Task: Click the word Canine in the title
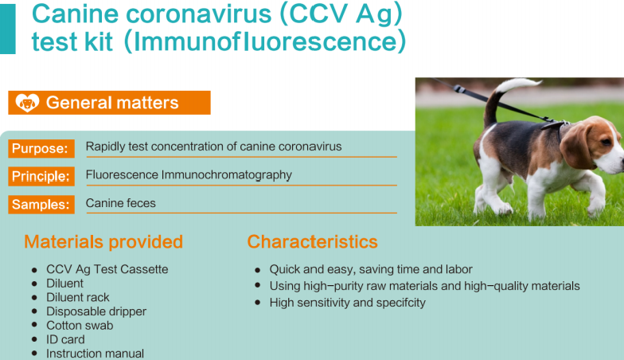(75, 14)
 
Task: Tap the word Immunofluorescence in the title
(264, 41)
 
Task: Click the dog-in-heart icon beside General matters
(27, 103)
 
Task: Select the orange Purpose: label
(41, 148)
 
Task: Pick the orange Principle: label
(41, 177)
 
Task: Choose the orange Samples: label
(41, 204)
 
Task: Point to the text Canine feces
(121, 203)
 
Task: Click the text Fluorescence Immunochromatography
(189, 175)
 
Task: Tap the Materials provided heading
(103, 242)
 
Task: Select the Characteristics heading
(312, 242)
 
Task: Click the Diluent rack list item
(78, 298)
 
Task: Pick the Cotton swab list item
(80, 325)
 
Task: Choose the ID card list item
(65, 339)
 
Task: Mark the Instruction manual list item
(96, 354)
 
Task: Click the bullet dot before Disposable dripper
(35, 311)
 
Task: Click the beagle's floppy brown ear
(575, 145)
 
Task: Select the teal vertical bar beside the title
(8, 29)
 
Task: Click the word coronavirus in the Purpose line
(310, 147)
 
